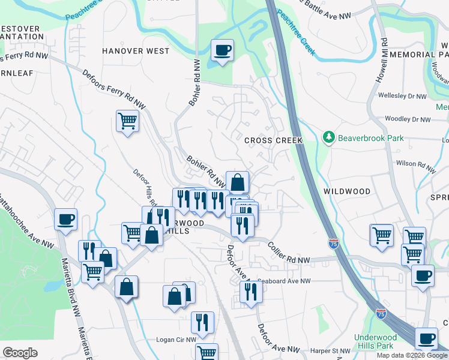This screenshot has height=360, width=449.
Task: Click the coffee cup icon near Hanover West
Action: pos(222,51)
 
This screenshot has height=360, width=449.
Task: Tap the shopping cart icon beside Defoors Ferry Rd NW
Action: pos(127,121)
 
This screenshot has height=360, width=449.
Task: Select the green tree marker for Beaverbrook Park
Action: pos(328,137)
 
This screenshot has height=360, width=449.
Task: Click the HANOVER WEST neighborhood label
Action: pos(136,51)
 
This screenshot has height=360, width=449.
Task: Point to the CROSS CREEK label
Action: pos(273,140)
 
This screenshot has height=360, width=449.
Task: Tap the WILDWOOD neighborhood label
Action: pos(347,191)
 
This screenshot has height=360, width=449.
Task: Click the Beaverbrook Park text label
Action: pos(370,137)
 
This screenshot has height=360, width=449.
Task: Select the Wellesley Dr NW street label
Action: pos(402,95)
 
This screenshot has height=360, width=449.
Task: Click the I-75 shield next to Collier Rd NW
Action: pos(334,244)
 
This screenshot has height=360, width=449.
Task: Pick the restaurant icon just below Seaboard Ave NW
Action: pos(250,292)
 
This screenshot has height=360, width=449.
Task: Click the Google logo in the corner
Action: pos(20,353)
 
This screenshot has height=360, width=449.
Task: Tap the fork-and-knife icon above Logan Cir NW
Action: pos(202,322)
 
